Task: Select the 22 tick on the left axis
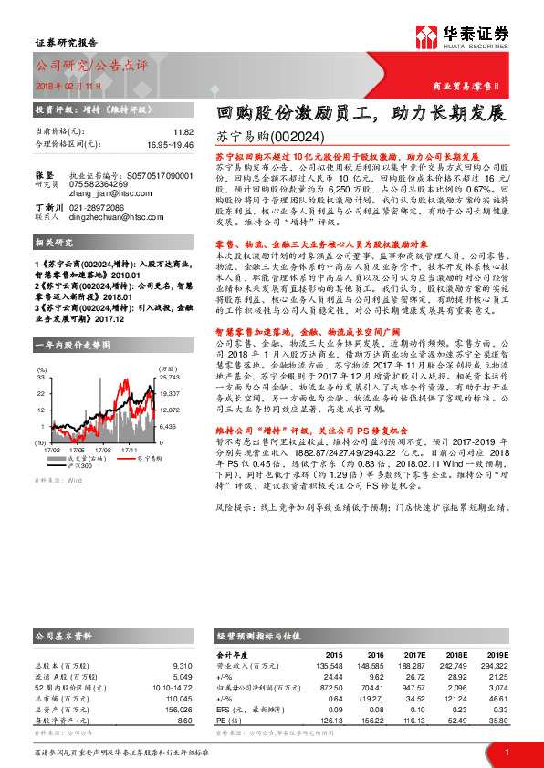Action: [x=41, y=393]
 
